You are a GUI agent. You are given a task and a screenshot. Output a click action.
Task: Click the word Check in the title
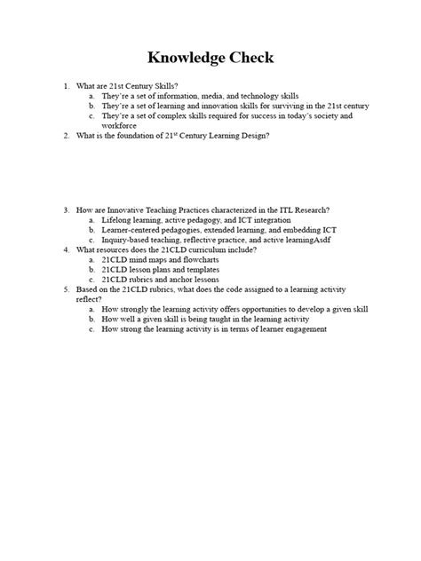(248, 59)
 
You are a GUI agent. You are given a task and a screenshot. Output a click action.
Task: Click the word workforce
(120, 125)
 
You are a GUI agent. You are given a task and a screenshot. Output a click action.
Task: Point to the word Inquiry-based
(126, 240)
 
